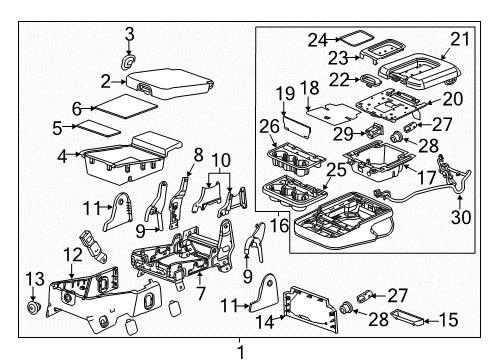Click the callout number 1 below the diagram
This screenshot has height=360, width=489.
[x=240, y=351]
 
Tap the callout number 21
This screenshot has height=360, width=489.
[x=459, y=39]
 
